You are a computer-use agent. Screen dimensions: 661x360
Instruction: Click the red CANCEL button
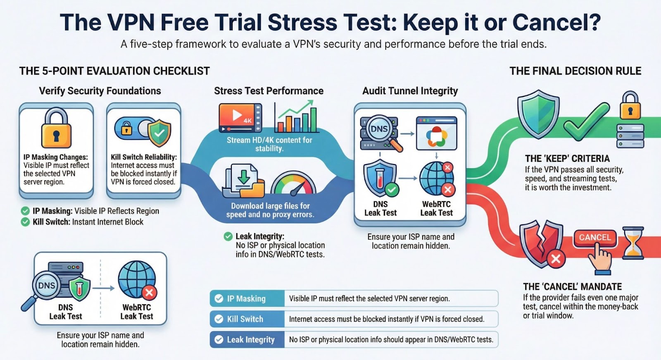pos(595,238)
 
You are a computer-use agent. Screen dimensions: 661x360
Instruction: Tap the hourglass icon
pos(633,243)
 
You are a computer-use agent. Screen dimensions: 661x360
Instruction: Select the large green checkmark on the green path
pos(586,122)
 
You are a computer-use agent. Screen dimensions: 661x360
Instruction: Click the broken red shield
pos(542,244)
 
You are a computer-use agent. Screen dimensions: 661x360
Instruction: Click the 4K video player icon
pos(240,117)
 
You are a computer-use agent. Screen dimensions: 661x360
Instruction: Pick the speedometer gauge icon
pos(294,184)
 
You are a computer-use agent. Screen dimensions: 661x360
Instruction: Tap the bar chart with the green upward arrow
pos(296,116)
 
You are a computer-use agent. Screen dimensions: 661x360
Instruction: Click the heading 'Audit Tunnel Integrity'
pos(410,91)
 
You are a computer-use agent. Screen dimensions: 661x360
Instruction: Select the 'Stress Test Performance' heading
pos(269,91)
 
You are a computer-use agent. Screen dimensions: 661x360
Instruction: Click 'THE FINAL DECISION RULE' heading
pos(575,71)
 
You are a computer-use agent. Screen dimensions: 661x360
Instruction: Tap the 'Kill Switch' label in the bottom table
pos(245,319)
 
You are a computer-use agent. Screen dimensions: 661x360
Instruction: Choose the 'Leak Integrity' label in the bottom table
pos(251,340)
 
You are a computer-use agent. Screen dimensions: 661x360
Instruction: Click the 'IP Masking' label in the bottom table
pos(246,298)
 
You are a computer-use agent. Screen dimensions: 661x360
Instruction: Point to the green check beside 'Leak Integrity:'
pos(228,236)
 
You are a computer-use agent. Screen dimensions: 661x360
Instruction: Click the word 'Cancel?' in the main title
pos(556,22)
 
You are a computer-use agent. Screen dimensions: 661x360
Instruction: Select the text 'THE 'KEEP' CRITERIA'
pos(567,159)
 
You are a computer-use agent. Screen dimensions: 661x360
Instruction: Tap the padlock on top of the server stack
pos(630,105)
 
